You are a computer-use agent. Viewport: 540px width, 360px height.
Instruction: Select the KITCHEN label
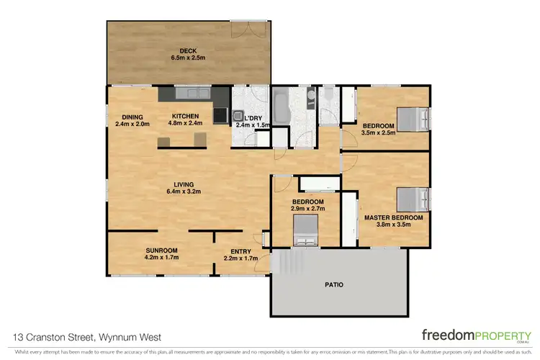(x=185, y=116)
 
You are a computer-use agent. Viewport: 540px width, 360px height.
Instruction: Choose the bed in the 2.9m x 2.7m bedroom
(x=305, y=231)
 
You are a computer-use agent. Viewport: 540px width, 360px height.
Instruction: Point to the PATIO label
(x=333, y=284)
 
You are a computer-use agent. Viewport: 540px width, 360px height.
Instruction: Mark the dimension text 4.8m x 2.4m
(x=185, y=123)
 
